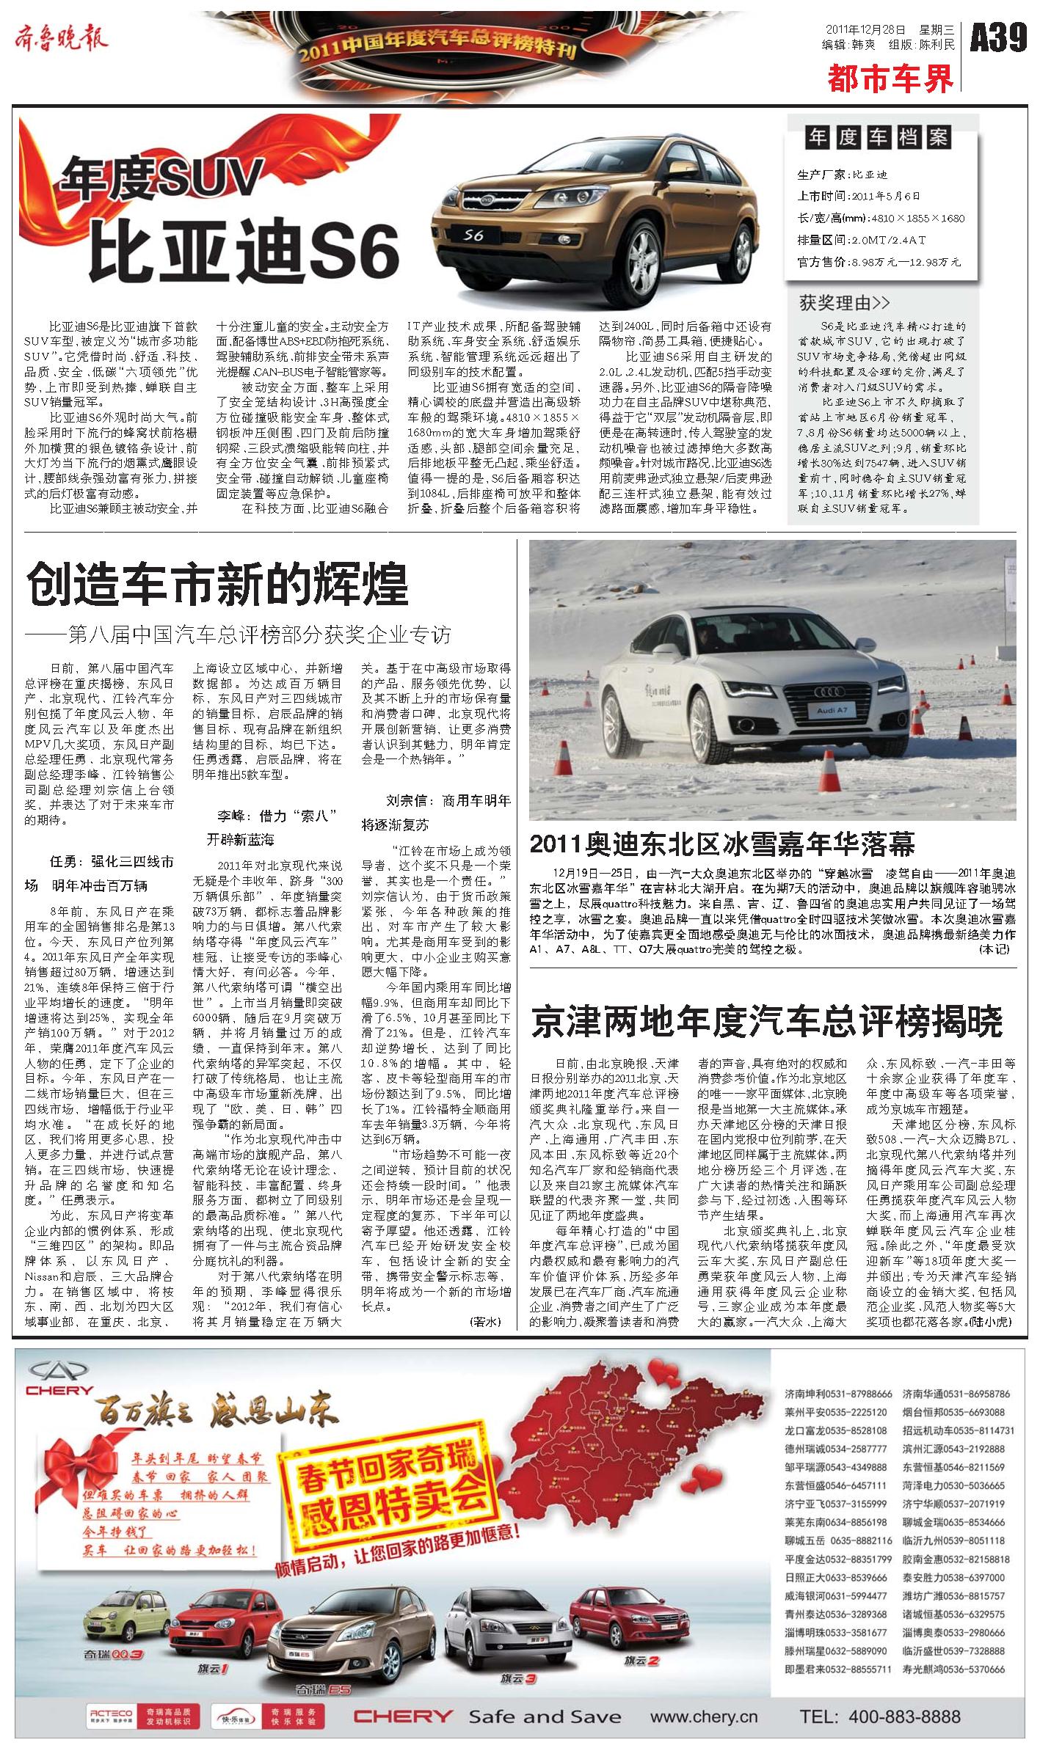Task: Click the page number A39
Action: pyautogui.click(x=999, y=37)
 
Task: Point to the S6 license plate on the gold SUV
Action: pyautogui.click(x=473, y=235)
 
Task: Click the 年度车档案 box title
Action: pyautogui.click(x=877, y=137)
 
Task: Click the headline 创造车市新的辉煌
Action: pyautogui.click(x=217, y=583)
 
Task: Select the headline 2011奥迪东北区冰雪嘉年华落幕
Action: pyautogui.click(x=722, y=844)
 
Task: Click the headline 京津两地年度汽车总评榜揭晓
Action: pyautogui.click(x=766, y=1022)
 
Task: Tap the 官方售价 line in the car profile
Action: pyautogui.click(x=879, y=262)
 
